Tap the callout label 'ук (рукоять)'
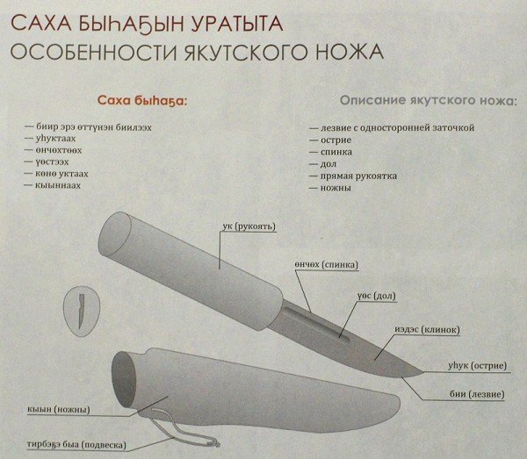pos(249,227)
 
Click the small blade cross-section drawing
pos(80,311)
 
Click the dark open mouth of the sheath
pos(128,376)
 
